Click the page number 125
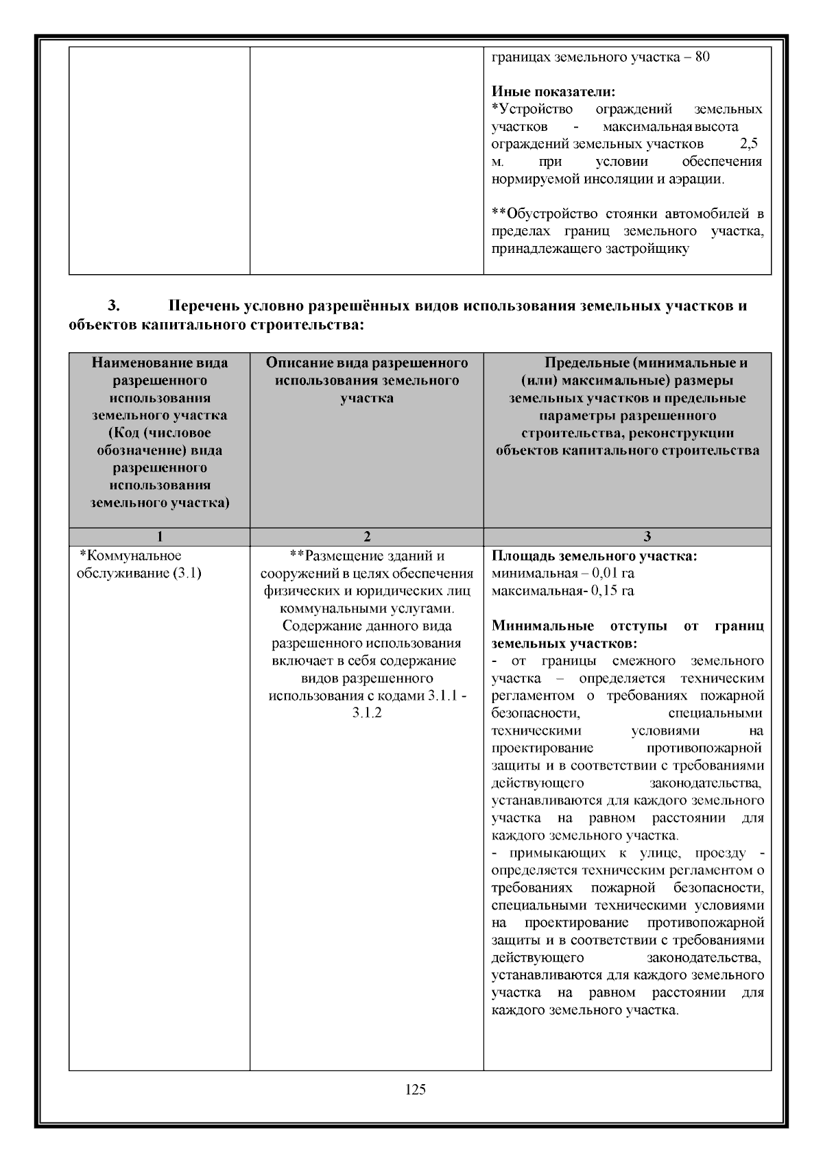(416, 1090)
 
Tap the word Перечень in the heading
(207, 306)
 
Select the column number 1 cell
(159, 537)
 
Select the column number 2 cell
(366, 537)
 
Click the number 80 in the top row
(702, 57)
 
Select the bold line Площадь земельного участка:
(595, 556)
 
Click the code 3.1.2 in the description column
(367, 713)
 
